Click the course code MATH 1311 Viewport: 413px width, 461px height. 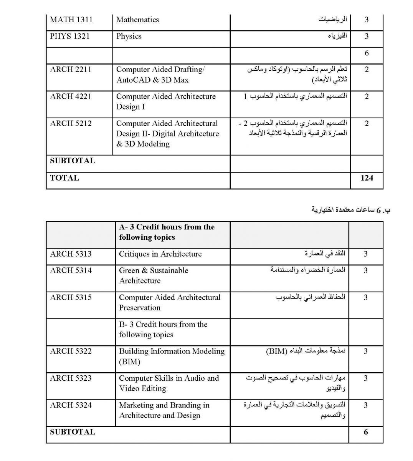tap(71, 20)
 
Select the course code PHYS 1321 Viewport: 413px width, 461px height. tap(70, 36)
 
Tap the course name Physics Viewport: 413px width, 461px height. tap(129, 36)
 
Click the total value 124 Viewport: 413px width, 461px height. tap(367, 178)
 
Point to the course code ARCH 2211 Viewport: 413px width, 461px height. tap(71, 70)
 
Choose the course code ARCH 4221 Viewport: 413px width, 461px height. tap(71, 96)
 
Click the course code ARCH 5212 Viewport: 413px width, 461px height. tap(71, 123)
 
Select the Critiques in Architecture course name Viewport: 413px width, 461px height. tap(160, 254)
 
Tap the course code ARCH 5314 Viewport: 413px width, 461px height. tap(71, 270)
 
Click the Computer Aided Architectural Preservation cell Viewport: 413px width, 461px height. tap(170, 302)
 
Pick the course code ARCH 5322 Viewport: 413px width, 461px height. tap(71, 351)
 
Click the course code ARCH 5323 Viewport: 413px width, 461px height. tap(71, 378)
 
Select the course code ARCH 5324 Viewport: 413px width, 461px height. tap(71, 405)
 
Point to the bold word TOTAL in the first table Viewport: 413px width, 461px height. tap(64, 178)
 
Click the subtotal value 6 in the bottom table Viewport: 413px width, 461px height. tap(365, 432)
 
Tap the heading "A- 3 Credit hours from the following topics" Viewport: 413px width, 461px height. tap(167, 232)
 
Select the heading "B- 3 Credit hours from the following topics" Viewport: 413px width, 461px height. tap(163, 329)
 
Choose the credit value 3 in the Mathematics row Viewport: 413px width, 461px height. tap(366, 20)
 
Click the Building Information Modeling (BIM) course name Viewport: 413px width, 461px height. tap(172, 356)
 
